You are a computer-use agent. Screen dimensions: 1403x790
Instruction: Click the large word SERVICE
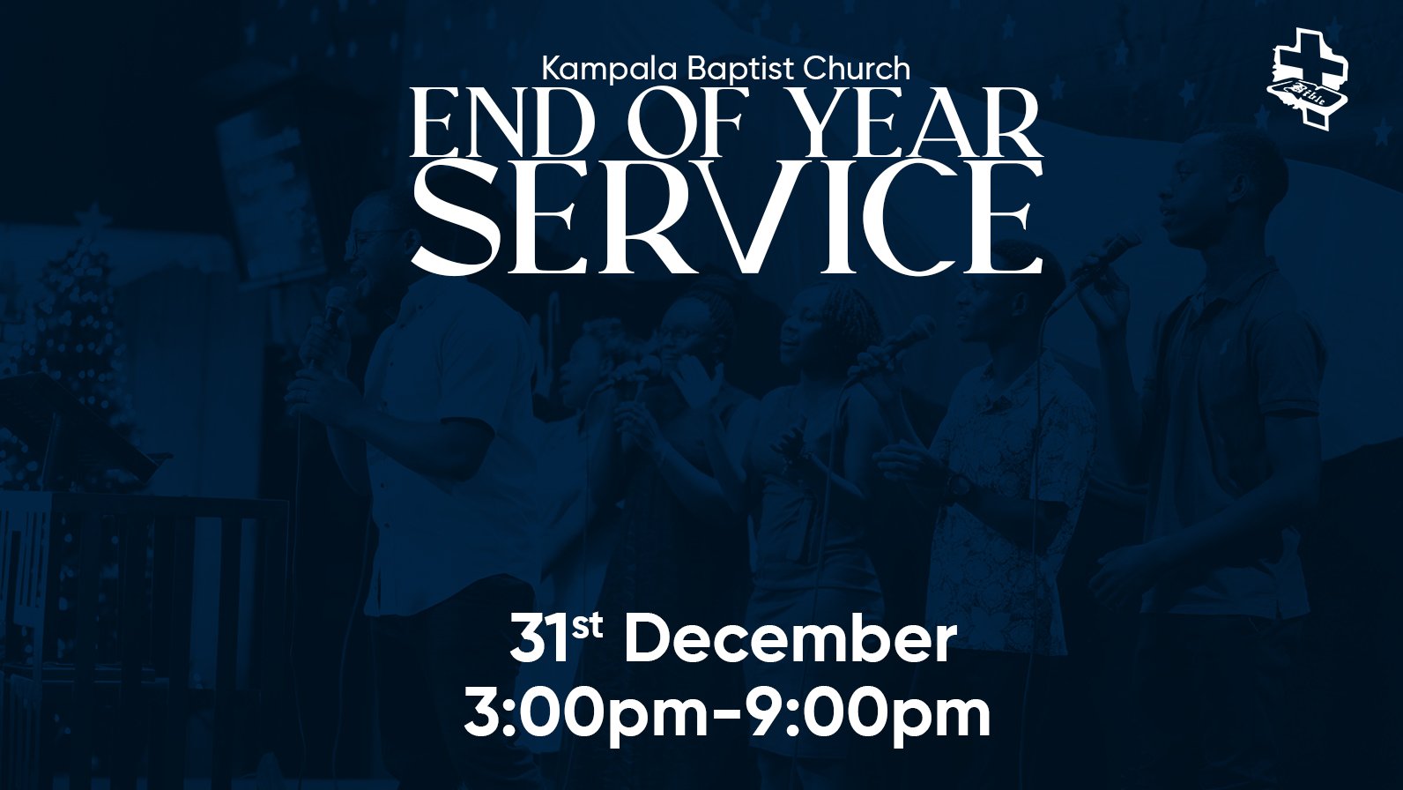click(726, 218)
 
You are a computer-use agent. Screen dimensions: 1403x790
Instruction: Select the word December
click(791, 639)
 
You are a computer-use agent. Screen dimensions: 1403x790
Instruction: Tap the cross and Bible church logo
click(1307, 79)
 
